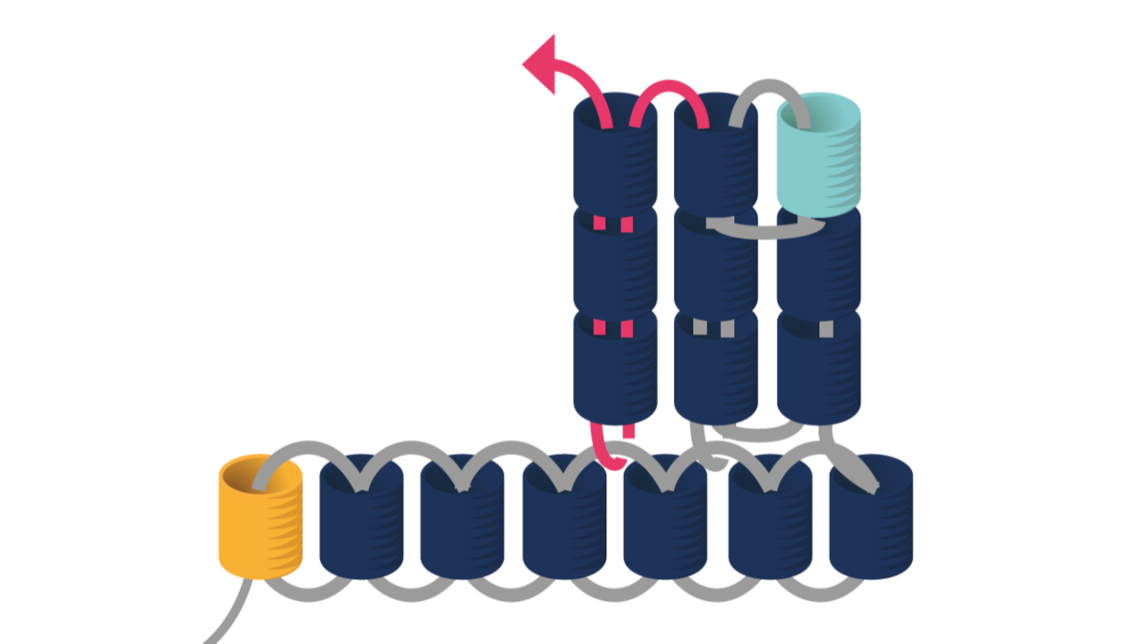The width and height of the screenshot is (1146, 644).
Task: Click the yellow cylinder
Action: [x=260, y=520]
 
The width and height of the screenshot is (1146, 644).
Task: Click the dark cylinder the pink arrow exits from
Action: [x=614, y=157]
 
